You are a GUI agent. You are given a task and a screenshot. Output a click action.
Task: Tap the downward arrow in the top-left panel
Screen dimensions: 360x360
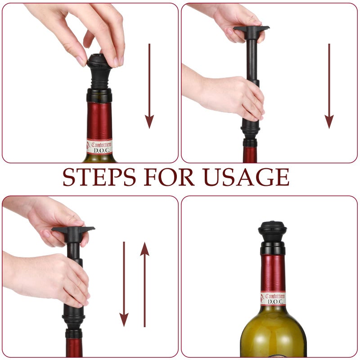(x=149, y=85)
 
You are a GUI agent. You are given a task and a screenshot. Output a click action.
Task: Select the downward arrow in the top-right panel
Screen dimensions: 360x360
(x=329, y=85)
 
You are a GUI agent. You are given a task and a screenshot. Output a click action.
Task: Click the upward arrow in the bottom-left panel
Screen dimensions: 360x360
(x=144, y=283)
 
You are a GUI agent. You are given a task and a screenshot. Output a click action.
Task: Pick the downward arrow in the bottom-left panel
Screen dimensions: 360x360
(x=124, y=283)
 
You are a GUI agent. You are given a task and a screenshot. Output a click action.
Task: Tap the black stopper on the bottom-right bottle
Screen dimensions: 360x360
(x=272, y=232)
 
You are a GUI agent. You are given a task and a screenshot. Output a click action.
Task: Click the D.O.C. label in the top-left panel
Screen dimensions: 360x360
(x=100, y=147)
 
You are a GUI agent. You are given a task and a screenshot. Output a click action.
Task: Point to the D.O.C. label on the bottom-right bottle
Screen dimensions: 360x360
(x=273, y=299)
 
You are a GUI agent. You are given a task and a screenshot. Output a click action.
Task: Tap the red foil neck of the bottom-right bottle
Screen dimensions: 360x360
(x=273, y=272)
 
